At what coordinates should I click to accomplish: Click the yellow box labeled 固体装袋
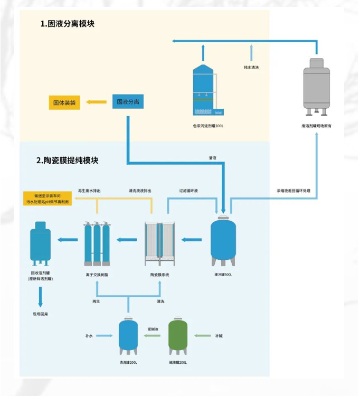point(64,102)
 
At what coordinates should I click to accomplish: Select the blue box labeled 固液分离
point(128,102)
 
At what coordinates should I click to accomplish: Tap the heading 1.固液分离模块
point(68,24)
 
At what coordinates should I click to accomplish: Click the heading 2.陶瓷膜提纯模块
point(67,160)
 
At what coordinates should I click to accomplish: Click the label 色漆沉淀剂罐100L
point(209,126)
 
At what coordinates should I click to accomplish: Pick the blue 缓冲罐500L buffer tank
point(223,241)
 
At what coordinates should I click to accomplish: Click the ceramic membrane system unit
point(160,243)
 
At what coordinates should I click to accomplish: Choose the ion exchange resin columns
point(97,243)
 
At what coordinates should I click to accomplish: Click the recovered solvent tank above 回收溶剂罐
point(41,243)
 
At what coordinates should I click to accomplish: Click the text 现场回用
point(40,314)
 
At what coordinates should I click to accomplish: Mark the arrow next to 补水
point(105,336)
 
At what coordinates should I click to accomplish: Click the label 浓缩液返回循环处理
point(293,190)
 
